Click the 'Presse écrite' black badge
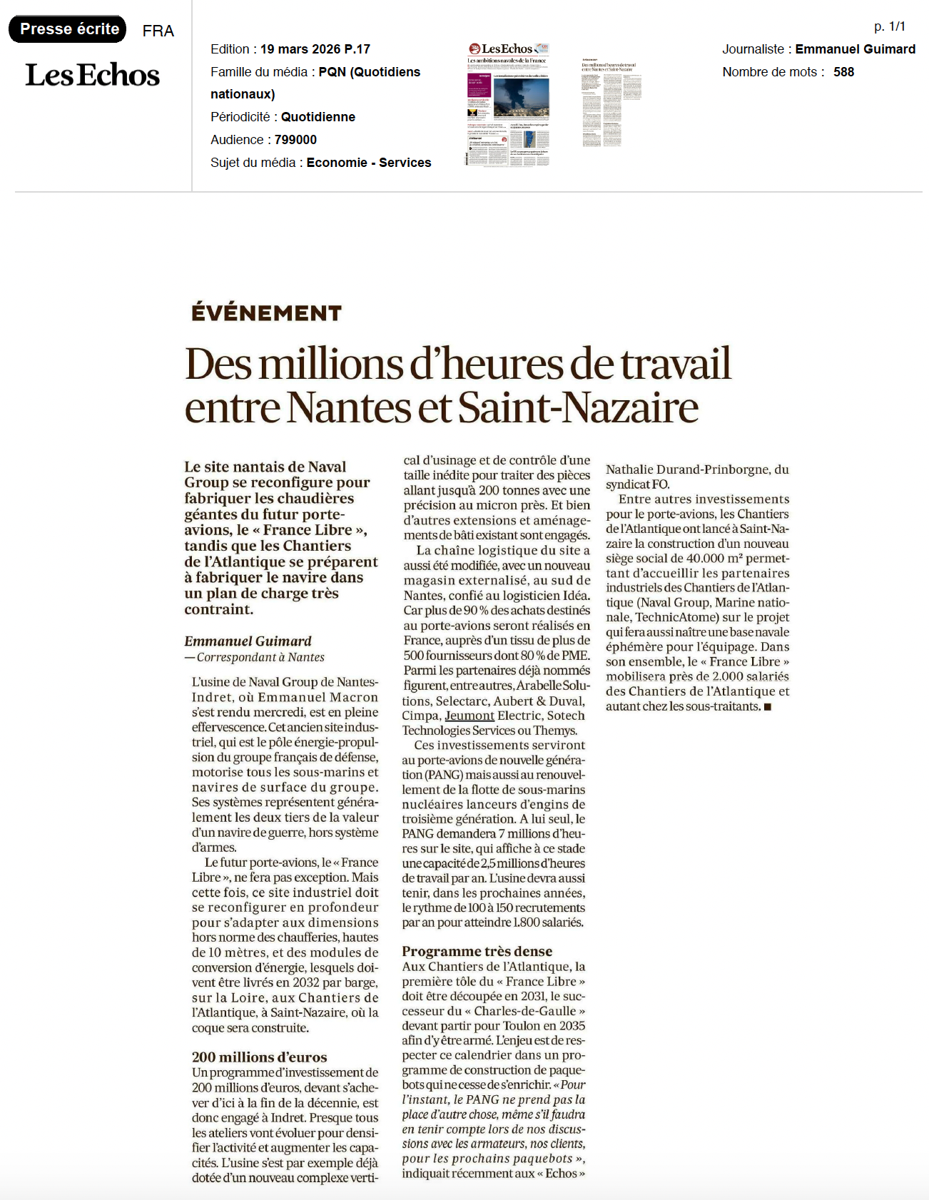click(68, 29)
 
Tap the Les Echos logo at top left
click(92, 75)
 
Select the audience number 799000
click(295, 140)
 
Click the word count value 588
click(843, 72)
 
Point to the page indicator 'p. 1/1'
click(889, 27)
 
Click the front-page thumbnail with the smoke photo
click(508, 104)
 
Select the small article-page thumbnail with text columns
click(611, 104)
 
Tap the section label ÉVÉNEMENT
click(266, 313)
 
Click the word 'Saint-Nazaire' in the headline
click(578, 407)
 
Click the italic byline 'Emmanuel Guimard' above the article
click(248, 641)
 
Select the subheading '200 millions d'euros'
click(259, 1057)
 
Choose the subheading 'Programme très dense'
click(477, 951)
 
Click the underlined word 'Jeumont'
click(469, 716)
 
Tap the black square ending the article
click(768, 707)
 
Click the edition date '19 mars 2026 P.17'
click(315, 49)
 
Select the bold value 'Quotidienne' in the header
click(318, 117)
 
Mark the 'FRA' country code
click(158, 31)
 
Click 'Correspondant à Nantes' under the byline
click(260, 657)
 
